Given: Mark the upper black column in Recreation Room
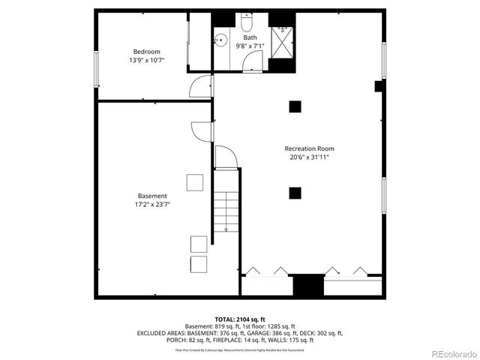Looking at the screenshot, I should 295,106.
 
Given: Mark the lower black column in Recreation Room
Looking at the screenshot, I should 295,193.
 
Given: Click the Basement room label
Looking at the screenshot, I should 151,196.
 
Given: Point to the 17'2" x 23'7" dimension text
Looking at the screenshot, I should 151,205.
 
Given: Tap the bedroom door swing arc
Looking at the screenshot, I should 201,88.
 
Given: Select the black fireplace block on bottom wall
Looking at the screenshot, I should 304,286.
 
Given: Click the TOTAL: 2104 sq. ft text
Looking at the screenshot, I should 240,319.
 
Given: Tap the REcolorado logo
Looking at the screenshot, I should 450,353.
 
